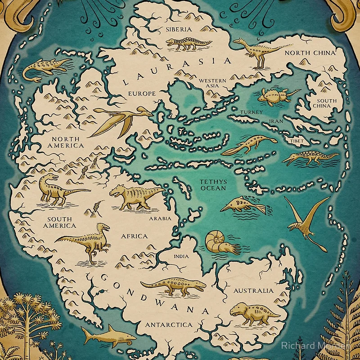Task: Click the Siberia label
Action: (179, 29)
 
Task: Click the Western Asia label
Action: (212, 83)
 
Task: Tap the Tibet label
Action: (297, 141)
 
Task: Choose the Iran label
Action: (275, 121)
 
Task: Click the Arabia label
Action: (160, 219)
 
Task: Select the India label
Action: (181, 256)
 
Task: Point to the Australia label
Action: (253, 291)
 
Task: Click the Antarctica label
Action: (168, 324)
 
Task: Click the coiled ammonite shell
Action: (216, 242)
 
